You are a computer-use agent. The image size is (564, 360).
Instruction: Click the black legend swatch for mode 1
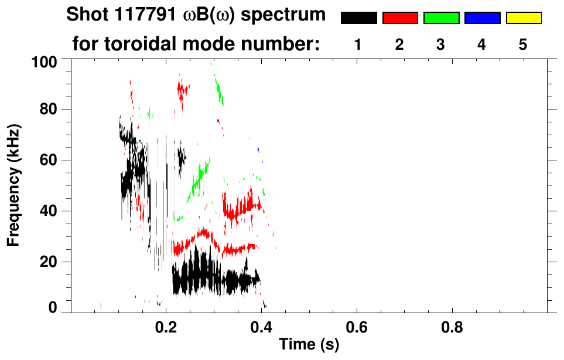click(x=358, y=18)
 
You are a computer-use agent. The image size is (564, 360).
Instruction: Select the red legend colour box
click(x=400, y=18)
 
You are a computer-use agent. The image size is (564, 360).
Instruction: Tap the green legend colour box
click(x=441, y=18)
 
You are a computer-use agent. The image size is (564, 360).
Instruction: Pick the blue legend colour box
click(x=482, y=18)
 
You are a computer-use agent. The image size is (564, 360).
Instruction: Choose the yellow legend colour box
click(x=523, y=18)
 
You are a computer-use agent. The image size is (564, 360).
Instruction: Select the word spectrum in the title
click(x=286, y=15)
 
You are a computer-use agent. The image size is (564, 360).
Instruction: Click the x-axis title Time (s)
click(x=309, y=345)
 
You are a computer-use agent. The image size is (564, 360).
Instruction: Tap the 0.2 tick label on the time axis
click(x=166, y=328)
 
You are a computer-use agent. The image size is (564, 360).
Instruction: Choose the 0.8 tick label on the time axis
click(x=452, y=328)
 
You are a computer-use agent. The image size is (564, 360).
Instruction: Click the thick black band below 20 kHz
click(x=211, y=280)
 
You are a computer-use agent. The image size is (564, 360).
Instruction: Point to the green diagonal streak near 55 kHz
click(x=199, y=179)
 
